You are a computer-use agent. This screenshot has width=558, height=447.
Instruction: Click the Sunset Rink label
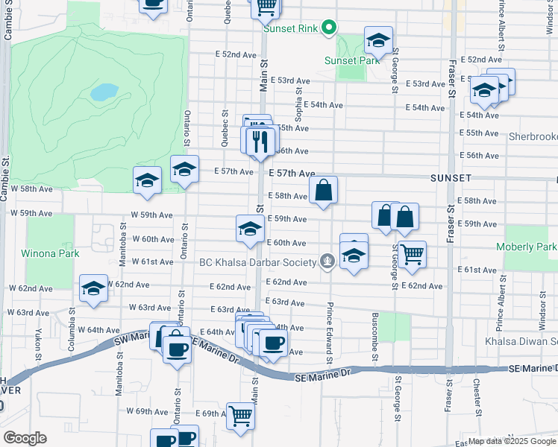tap(290, 30)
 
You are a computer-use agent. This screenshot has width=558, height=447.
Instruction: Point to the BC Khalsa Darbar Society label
tap(258, 261)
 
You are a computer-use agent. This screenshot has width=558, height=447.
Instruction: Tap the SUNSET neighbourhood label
tap(451, 179)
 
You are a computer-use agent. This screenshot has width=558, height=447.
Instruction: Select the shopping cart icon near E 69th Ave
tap(240, 416)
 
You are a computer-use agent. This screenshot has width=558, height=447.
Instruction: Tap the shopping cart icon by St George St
tap(412, 254)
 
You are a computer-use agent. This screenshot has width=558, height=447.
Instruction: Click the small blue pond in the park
tap(104, 92)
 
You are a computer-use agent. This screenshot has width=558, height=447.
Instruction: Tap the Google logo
tap(25, 438)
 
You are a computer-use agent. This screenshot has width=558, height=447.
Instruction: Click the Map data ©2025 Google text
tap(512, 441)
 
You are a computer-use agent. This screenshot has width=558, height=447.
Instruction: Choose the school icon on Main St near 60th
tap(249, 227)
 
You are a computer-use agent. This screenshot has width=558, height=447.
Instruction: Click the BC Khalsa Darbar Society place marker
tap(327, 261)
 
